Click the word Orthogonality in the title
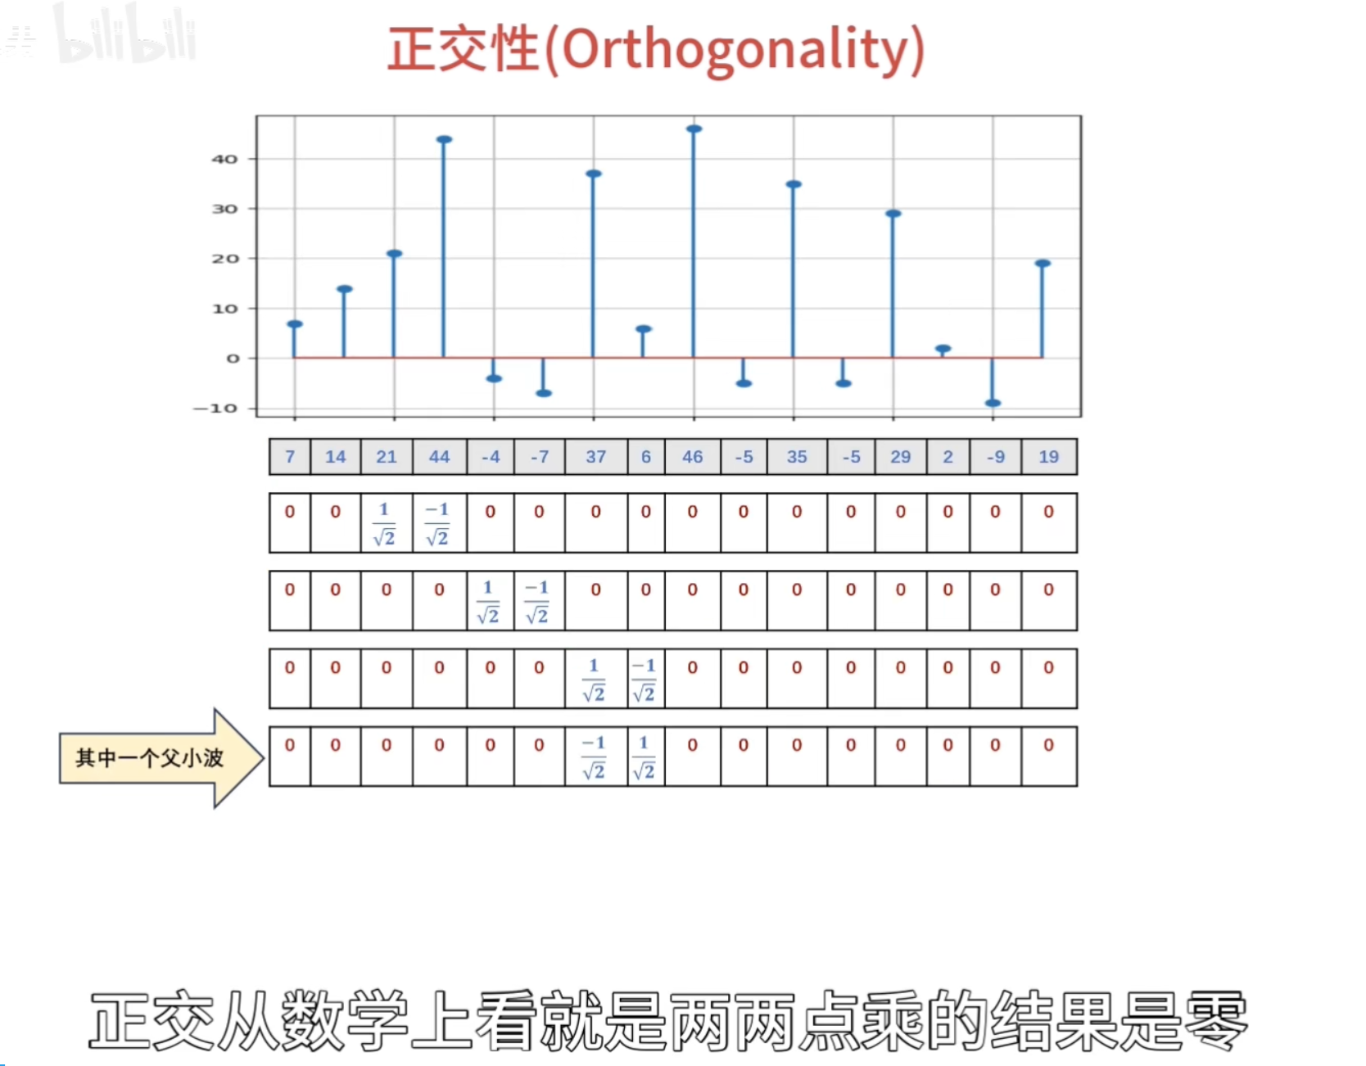735,51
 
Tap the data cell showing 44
440,457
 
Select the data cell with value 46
693,457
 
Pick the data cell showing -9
995,457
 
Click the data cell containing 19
1049,457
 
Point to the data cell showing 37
595,457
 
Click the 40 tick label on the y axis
224,159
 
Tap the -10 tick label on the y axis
215,408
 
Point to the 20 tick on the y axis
224,259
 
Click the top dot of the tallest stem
694,129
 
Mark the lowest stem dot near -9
993,403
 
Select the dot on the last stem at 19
1043,264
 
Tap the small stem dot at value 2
943,349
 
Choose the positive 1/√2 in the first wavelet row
384,523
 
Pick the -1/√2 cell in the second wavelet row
538,601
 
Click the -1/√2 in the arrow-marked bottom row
595,757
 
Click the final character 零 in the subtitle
1216,1020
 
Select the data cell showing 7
290,457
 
